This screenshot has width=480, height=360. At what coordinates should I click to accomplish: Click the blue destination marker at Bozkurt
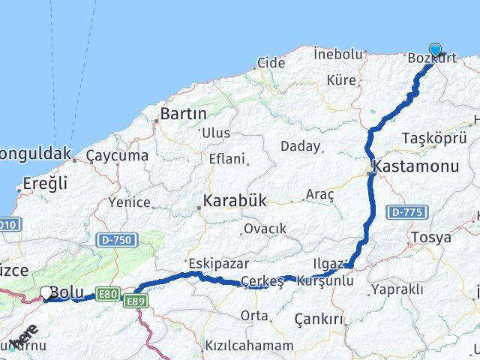click(x=434, y=50)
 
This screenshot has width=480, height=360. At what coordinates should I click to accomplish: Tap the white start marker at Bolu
click(x=46, y=292)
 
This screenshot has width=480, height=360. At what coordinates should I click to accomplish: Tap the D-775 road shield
click(x=406, y=213)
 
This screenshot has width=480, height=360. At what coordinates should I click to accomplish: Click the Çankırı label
click(x=319, y=319)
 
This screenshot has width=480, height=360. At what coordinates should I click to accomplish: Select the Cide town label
click(x=271, y=63)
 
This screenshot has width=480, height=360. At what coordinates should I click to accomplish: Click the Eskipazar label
click(x=218, y=263)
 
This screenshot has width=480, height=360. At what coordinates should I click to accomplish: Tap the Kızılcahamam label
click(x=248, y=346)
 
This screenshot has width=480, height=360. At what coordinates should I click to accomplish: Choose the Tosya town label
click(x=430, y=238)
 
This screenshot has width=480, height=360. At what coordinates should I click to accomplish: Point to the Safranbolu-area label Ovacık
click(x=263, y=229)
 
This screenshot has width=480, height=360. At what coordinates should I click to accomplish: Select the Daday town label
click(x=301, y=146)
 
